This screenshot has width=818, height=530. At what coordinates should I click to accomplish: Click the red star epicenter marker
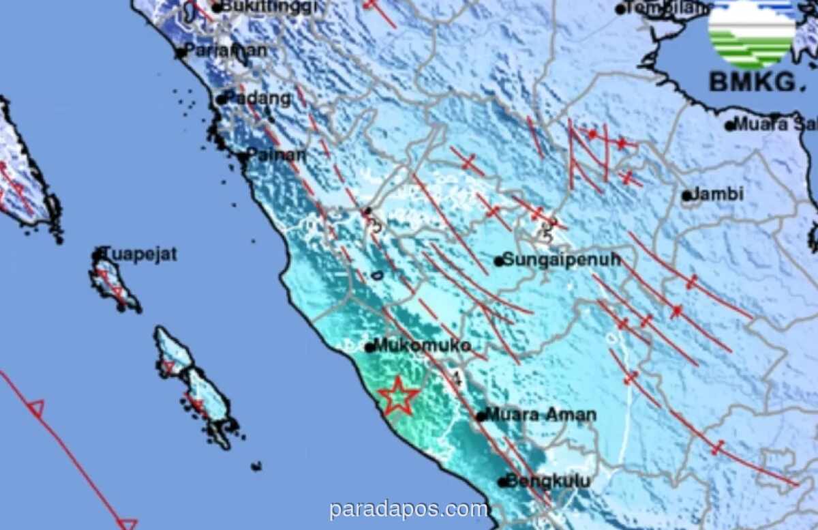click(x=399, y=396)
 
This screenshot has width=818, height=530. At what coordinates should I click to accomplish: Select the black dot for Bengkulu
click(x=502, y=482)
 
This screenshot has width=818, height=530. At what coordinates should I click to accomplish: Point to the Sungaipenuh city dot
click(x=499, y=261)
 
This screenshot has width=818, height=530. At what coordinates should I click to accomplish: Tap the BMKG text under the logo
click(x=752, y=83)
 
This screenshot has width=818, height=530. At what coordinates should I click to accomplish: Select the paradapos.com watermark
click(x=408, y=509)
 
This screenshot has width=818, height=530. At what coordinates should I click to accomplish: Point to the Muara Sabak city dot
click(x=729, y=126)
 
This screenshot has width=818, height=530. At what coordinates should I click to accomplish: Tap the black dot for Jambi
click(x=686, y=196)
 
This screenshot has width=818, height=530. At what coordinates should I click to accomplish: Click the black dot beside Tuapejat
click(x=97, y=256)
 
